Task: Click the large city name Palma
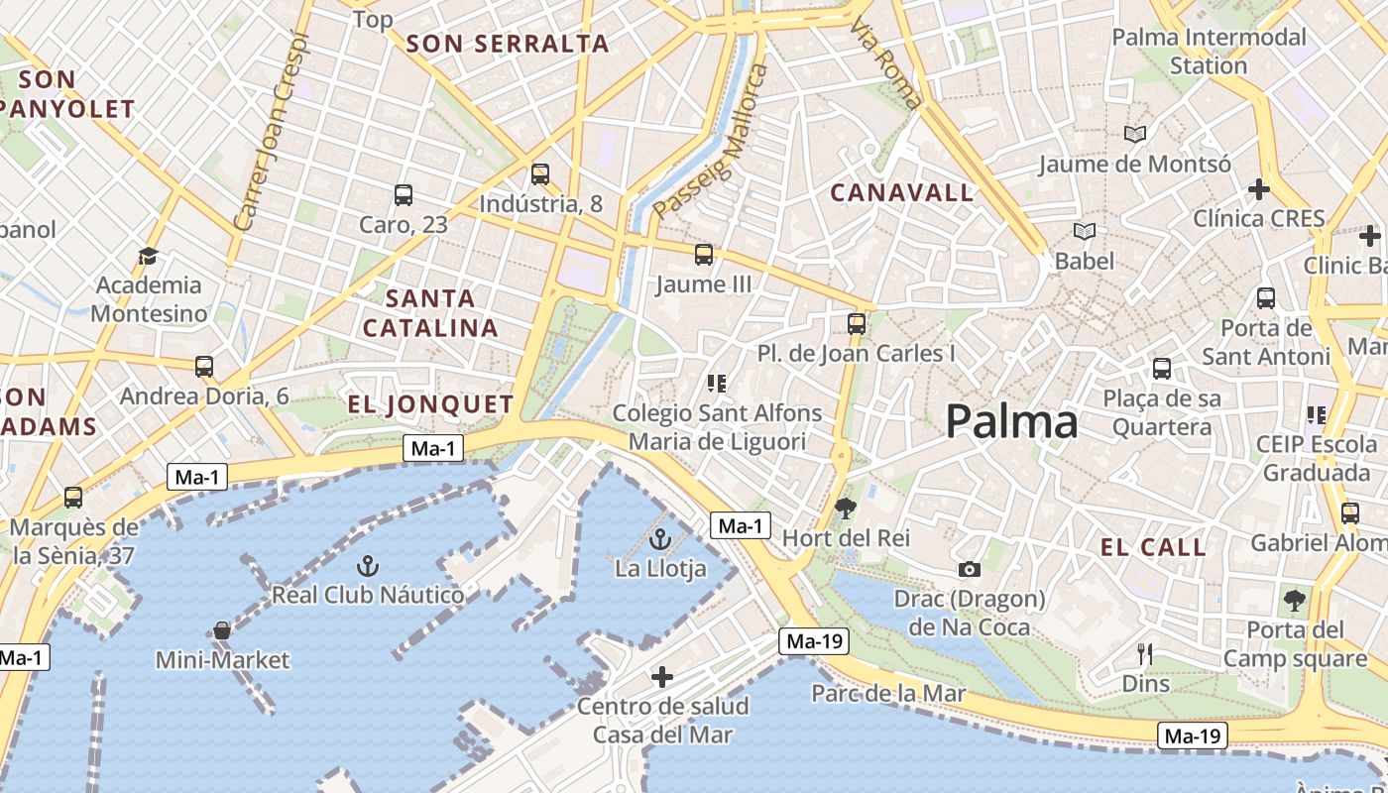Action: pos(1011,422)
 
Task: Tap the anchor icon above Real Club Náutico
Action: pos(368,566)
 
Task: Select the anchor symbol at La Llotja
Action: pos(659,540)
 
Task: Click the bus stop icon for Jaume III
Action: pos(704,255)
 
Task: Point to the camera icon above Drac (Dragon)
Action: pos(970,569)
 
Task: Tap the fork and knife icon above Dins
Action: pos(1145,654)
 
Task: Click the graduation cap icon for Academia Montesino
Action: pos(149,256)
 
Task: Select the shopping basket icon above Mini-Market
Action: pos(222,630)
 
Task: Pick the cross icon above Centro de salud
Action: pos(662,677)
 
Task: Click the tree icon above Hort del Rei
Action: pos(846,509)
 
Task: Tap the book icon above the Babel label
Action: pos(1085,232)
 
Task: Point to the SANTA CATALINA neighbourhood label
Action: pos(430,312)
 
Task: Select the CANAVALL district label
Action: pos(902,193)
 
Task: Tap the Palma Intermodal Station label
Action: pos(1209,52)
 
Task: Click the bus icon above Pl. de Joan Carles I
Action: pos(857,323)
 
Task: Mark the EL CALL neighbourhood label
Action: pos(1153,547)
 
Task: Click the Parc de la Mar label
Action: pos(888,693)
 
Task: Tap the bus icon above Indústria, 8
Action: pos(540,174)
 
